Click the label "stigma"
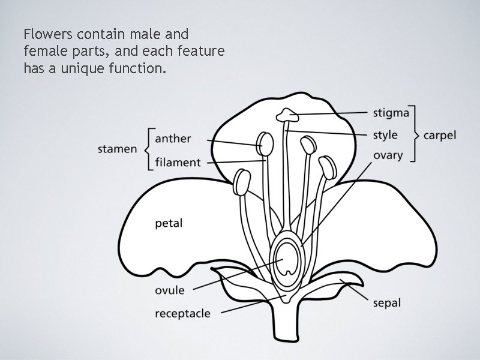pos(391,113)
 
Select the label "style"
pos(385,135)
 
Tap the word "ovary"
pos(388,156)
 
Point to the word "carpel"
pos(440,135)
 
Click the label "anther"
pos(173,139)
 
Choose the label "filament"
pos(178,162)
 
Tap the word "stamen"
pos(118,149)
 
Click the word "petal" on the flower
pos(169,224)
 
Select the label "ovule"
pos(170,290)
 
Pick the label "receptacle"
pos(183,313)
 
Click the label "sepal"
pos(386,303)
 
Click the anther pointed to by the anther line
pos(265,143)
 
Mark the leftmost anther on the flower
pos(242,181)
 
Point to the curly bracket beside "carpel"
pos(415,135)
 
